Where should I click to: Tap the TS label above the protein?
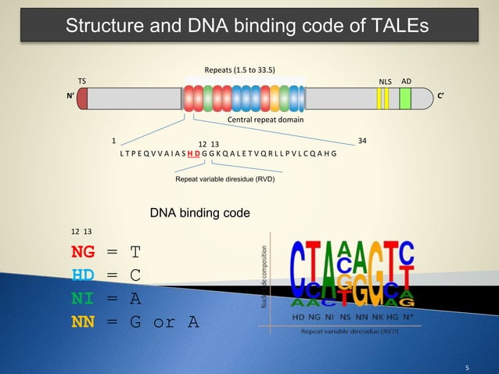tap(82, 81)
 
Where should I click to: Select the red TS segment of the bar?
tap(83, 99)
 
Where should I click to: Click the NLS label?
tap(384, 81)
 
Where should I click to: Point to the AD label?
tap(406, 81)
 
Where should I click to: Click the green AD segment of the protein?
tap(405, 99)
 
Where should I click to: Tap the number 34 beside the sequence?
tap(361, 142)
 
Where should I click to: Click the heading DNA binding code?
tap(199, 213)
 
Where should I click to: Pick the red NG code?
tap(84, 252)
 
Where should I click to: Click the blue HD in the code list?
tap(84, 275)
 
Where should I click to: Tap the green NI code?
tap(84, 297)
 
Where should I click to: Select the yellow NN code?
tap(84, 320)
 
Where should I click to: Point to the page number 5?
tap(467, 365)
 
